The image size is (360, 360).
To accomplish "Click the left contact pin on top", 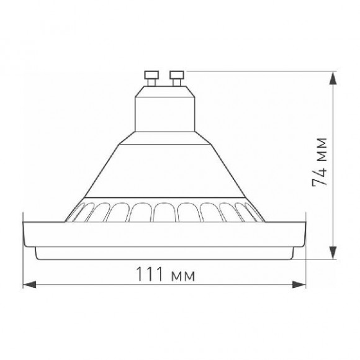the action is point(151,79).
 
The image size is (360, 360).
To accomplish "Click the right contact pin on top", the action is point(176,79).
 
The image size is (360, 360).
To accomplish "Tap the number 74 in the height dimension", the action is point(320,175).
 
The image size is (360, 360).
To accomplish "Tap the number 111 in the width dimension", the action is point(150,274).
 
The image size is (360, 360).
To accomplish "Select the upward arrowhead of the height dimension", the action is point(333,79).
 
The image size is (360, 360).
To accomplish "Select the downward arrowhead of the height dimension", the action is point(333,253).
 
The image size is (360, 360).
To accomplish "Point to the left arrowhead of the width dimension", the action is point(30,284).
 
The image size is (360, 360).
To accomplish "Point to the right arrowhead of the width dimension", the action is point(299,284).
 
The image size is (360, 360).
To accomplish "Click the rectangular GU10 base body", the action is point(165,114).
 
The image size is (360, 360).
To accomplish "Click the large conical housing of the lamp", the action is point(164,171).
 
